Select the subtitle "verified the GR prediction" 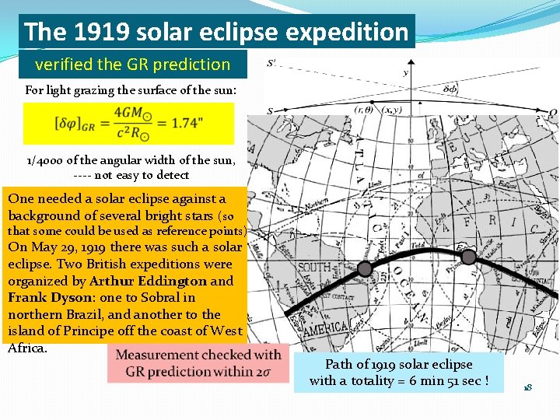(x=132, y=65)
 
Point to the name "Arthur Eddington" (x=149, y=281)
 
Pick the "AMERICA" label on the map (x=326, y=330)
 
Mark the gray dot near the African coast (x=468, y=256)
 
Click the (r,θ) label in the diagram (x=364, y=110)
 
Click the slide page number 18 (x=527, y=387)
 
